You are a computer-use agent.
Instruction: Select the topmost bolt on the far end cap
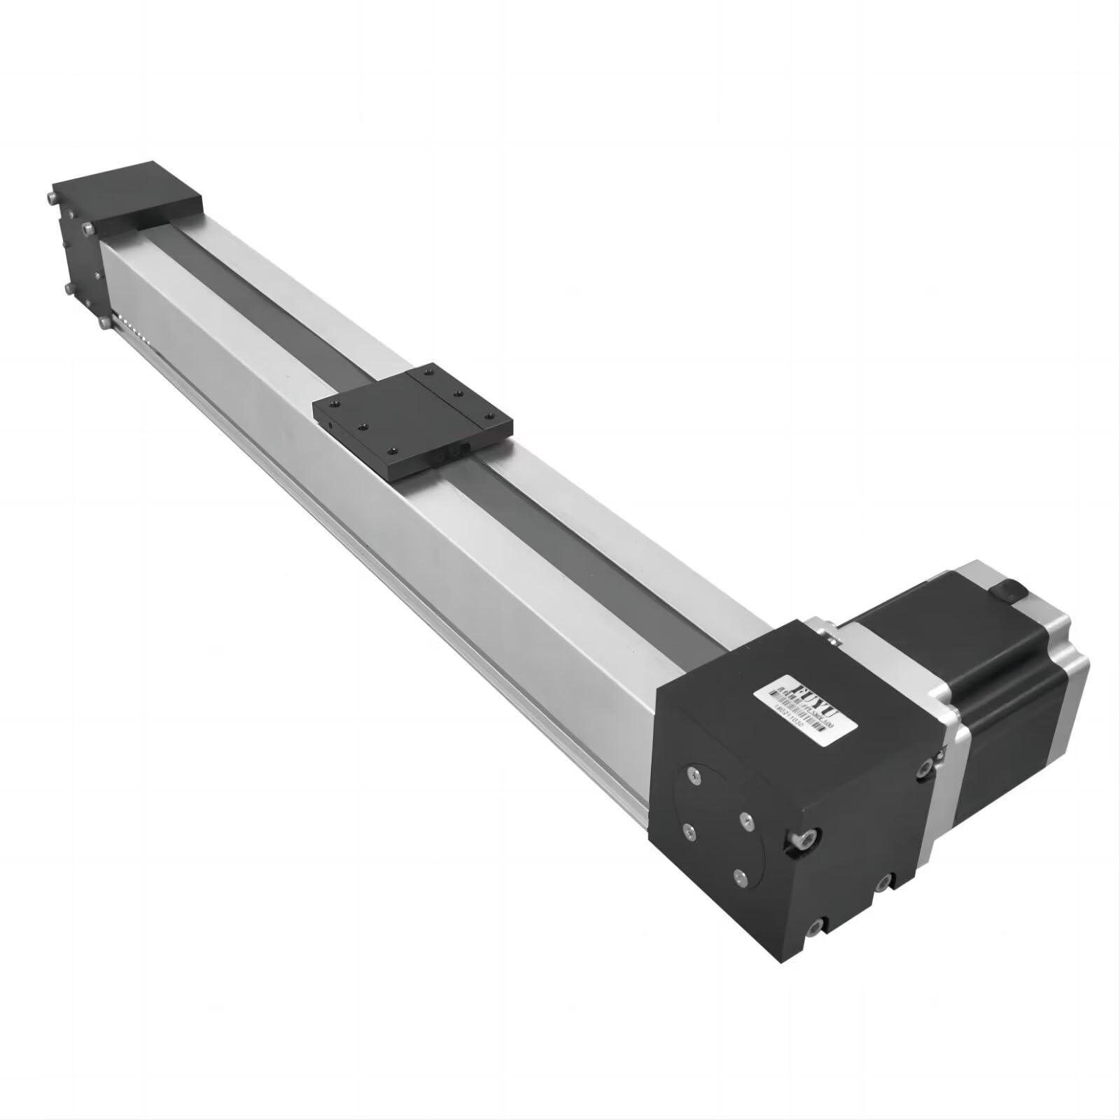[x=53, y=197]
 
